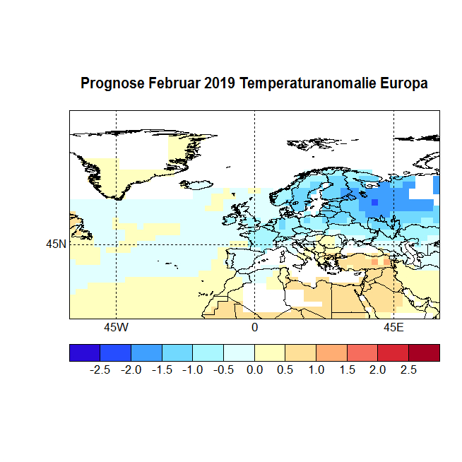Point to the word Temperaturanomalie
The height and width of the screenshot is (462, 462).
click(307, 83)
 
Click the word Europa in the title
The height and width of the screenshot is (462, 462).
click(404, 83)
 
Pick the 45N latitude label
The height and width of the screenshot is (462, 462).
click(56, 244)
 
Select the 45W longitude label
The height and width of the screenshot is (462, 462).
click(116, 328)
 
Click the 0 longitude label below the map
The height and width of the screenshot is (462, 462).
click(254, 328)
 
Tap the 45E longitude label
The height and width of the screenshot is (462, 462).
click(393, 328)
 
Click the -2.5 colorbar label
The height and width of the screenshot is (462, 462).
click(100, 370)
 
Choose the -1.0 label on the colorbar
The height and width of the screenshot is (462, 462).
click(193, 370)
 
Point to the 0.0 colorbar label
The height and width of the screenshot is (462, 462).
click(255, 370)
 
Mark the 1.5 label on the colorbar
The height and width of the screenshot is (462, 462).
click(347, 370)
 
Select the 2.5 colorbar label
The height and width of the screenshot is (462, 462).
click(408, 370)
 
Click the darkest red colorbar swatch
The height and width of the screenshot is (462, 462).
click(424, 353)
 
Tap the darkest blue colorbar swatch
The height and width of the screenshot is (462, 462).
click(85, 353)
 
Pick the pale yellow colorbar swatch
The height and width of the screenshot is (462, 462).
click(270, 353)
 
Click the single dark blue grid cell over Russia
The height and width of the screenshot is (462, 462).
click(374, 203)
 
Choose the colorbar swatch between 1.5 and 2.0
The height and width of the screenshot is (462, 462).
click(362, 353)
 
